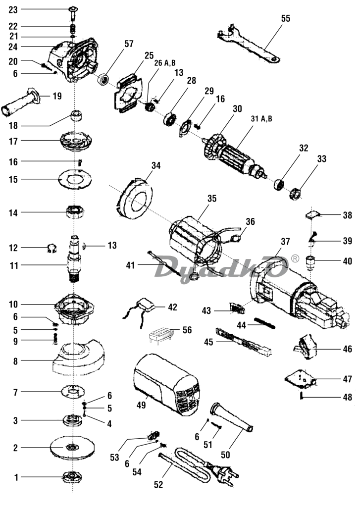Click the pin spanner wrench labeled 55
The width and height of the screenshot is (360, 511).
(x=248, y=45)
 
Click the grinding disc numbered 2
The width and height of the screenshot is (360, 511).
(x=73, y=447)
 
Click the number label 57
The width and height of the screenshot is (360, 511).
(x=129, y=44)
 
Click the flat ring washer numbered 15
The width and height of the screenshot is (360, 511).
(x=75, y=179)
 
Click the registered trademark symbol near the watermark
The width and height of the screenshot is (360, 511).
(x=295, y=259)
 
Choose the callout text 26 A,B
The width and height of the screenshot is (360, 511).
(x=164, y=63)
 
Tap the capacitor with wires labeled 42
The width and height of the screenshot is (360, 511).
(x=143, y=310)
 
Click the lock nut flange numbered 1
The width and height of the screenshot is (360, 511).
(x=72, y=477)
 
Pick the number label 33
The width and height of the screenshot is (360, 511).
(x=321, y=159)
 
